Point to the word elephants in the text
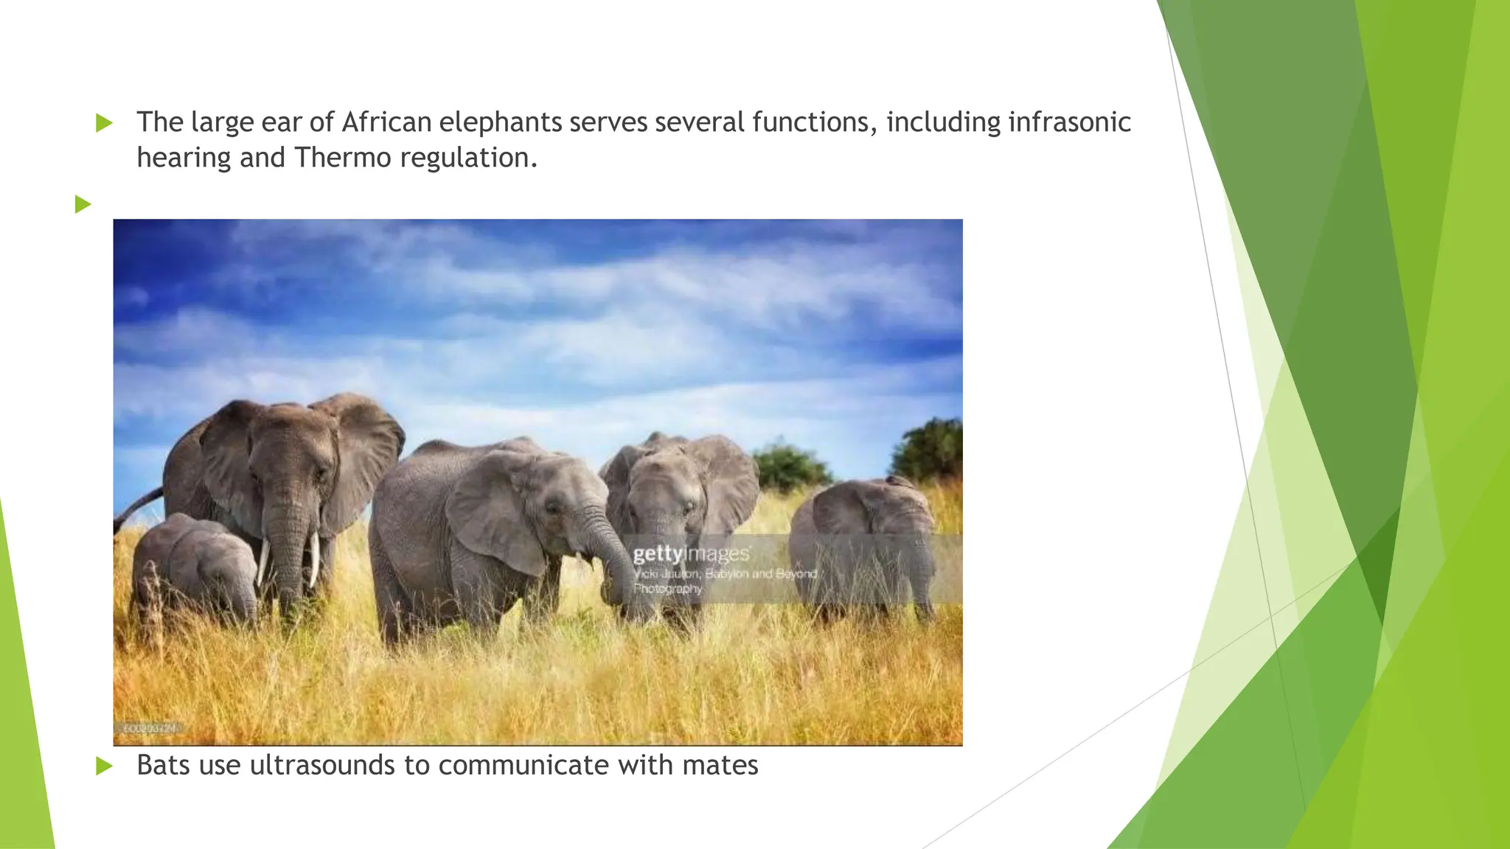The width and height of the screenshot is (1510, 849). [x=501, y=122]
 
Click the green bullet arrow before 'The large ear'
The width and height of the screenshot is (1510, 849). [x=104, y=123]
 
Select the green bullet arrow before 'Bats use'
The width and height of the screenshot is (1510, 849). [x=104, y=766]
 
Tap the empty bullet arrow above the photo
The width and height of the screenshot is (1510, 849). [x=83, y=204]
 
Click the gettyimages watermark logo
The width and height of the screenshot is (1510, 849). [x=691, y=553]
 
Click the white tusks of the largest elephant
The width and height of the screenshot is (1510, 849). [x=288, y=560]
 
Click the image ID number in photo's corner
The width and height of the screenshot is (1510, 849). [x=150, y=728]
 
